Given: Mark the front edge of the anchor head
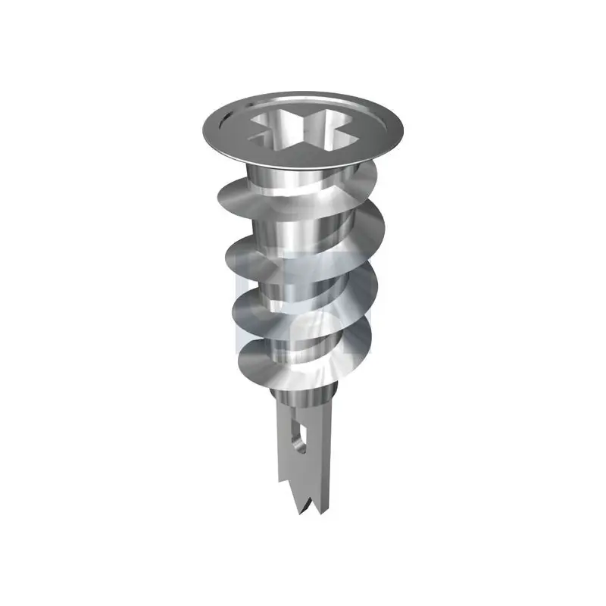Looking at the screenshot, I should click(303, 157).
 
